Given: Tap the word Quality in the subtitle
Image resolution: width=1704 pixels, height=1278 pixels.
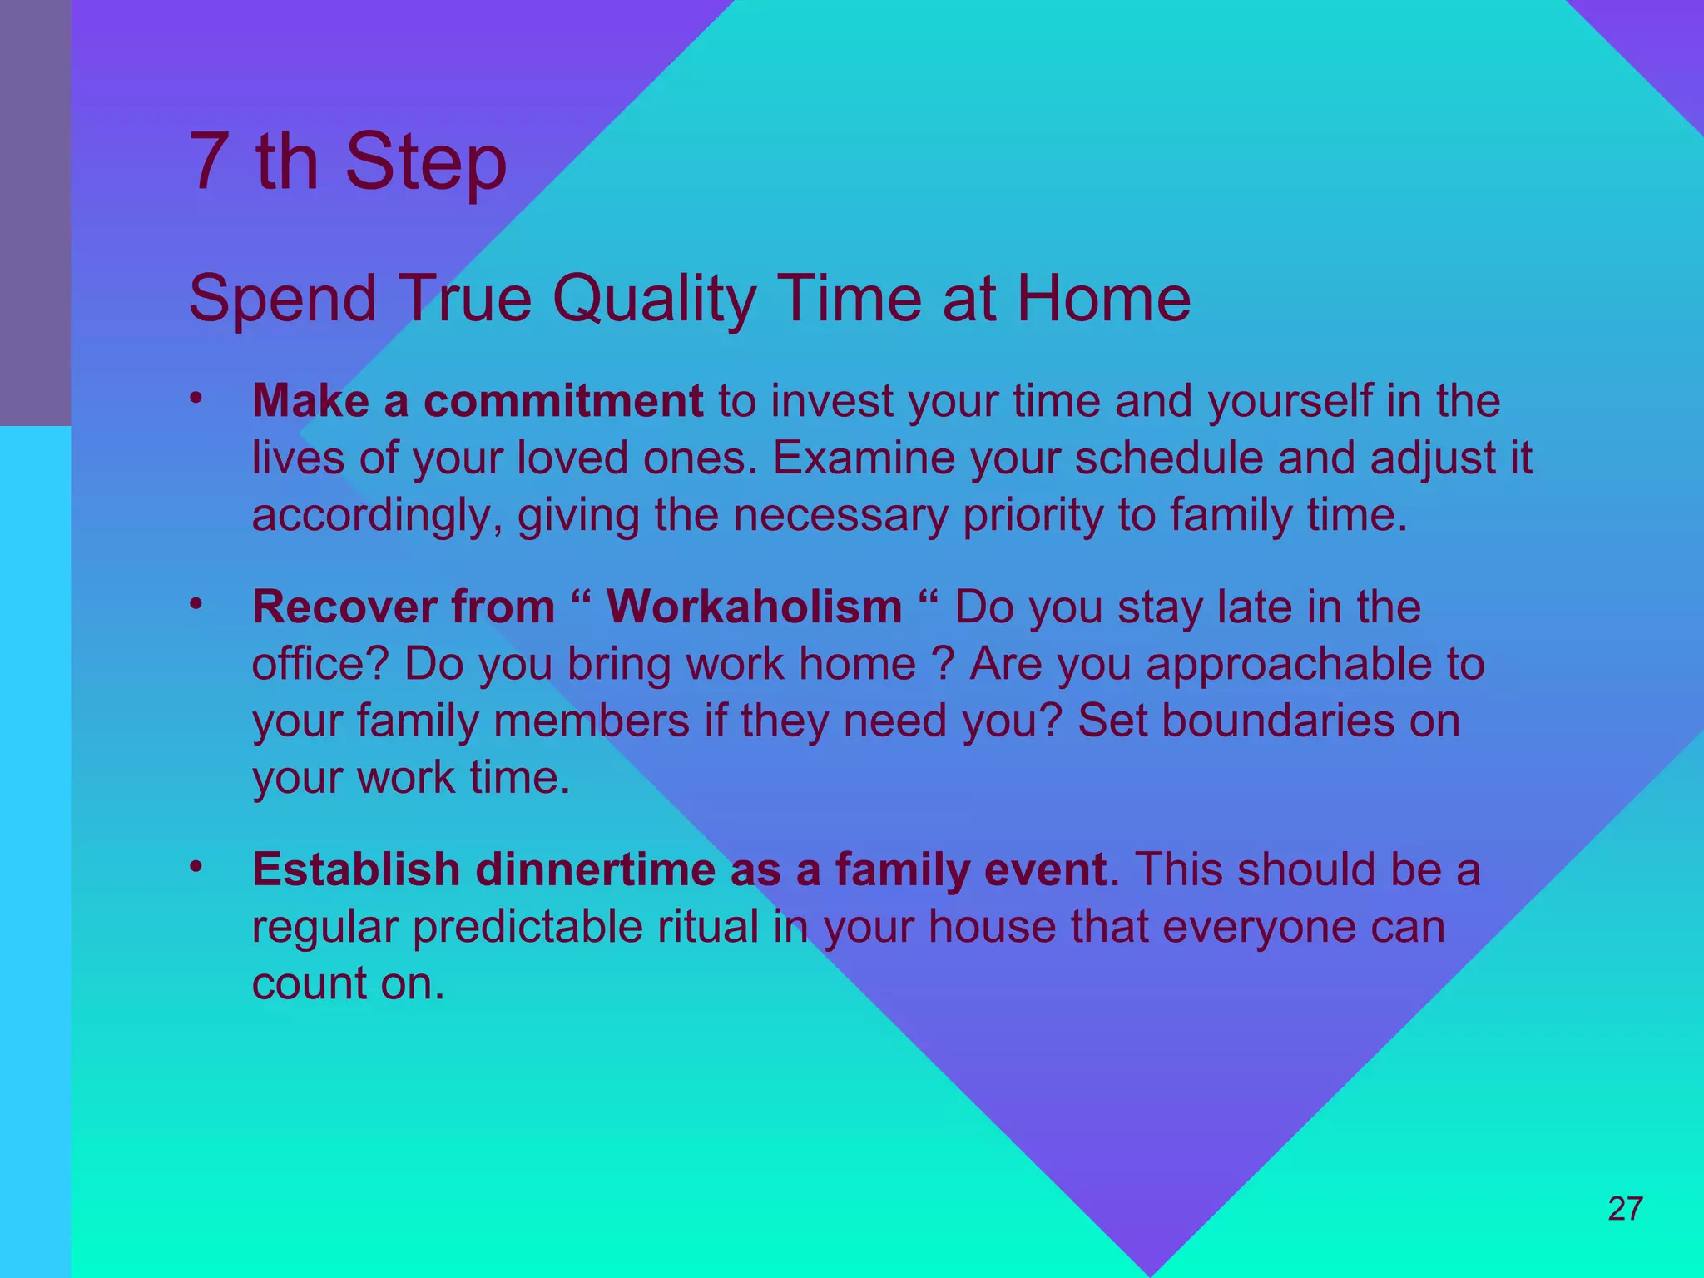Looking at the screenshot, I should pos(654,300).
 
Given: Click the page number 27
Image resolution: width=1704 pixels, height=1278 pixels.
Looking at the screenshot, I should pos(1625,1208).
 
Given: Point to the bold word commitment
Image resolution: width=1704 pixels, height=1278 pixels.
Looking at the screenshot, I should pos(563,401).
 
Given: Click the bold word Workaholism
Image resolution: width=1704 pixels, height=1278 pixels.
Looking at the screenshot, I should pos(754,607).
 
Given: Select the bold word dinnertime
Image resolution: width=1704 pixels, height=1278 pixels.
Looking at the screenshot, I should pos(595,869).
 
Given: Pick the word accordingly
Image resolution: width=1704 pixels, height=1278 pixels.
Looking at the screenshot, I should pos(377,517).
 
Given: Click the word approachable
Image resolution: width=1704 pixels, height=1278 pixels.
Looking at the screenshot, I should pos(1285,665).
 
